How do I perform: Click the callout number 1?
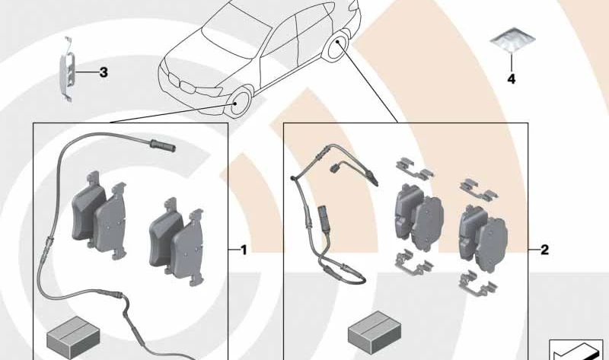click(x=244, y=250)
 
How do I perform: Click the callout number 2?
click(x=544, y=250)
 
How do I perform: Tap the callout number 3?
click(x=104, y=72)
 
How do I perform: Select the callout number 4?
click(x=512, y=79)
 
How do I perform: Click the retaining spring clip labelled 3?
click(x=67, y=70)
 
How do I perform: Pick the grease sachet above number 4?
click(x=512, y=40)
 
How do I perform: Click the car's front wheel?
click(x=240, y=102)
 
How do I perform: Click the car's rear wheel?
click(x=336, y=46)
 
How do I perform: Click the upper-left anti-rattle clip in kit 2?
click(x=414, y=168)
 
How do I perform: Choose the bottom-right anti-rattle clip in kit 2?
click(x=477, y=285)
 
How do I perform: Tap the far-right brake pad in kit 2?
click(x=492, y=244)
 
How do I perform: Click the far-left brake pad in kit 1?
click(x=88, y=209)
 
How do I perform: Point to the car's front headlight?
click(x=210, y=91)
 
